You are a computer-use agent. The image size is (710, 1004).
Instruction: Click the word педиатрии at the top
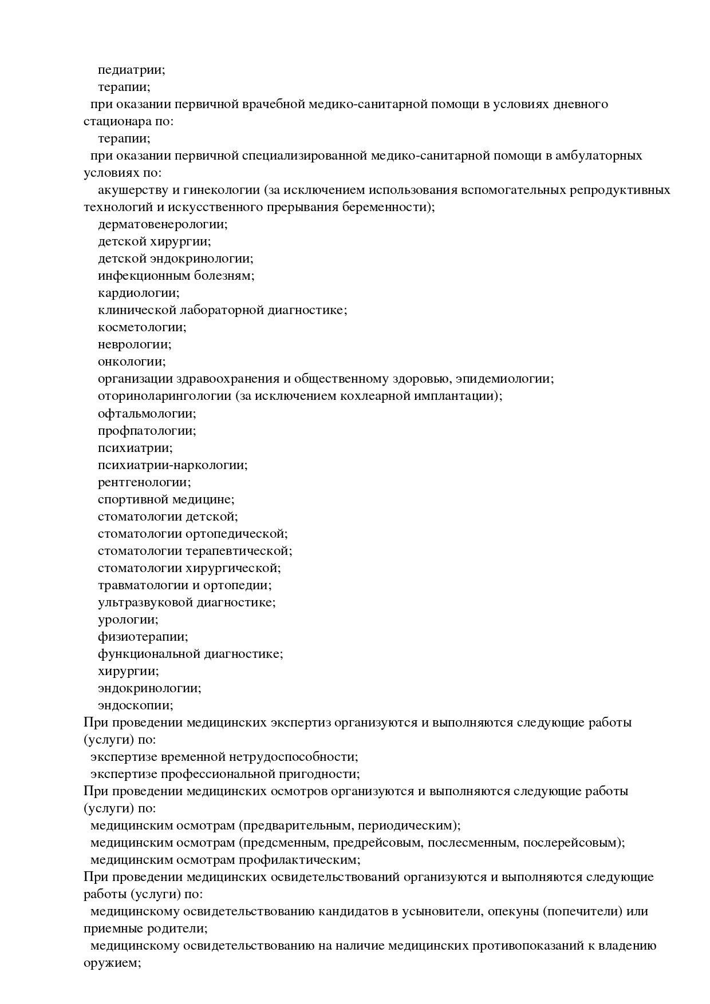point(131,70)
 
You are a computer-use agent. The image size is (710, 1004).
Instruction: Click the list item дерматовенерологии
point(162,224)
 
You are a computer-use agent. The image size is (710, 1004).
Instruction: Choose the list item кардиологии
point(138,293)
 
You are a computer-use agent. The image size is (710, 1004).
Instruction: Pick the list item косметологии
point(141,327)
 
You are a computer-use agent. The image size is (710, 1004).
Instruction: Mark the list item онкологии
point(131,362)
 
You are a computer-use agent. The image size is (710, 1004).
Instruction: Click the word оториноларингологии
point(164,396)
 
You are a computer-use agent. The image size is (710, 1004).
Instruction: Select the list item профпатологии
point(146,430)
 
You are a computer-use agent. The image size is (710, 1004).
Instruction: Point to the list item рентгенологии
point(144,482)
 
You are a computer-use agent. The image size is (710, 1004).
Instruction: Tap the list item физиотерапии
point(142,637)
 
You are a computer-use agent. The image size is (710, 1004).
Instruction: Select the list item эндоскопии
point(135,705)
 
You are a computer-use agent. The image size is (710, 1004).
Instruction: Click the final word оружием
point(112,963)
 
